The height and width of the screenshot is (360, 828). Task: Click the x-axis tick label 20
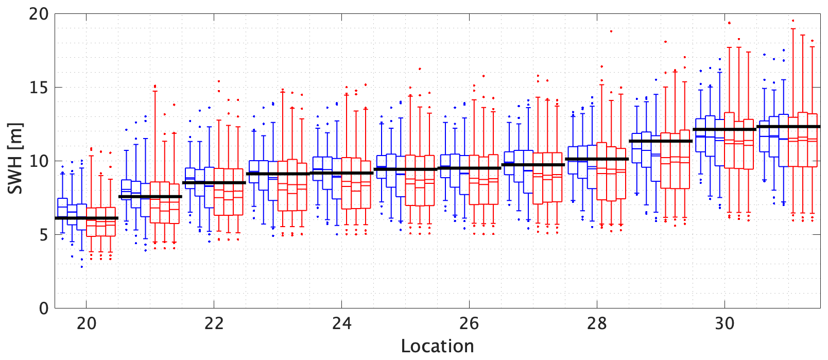click(x=87, y=324)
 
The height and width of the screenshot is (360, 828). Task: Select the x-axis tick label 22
click(x=214, y=324)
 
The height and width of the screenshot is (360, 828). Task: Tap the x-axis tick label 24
click(x=342, y=324)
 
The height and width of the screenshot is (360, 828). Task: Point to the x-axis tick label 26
click(x=469, y=324)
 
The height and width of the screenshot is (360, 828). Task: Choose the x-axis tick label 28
click(x=597, y=324)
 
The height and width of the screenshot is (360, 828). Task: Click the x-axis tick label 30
click(x=725, y=324)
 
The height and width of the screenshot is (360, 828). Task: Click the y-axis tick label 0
click(x=43, y=308)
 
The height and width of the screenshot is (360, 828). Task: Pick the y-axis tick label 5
click(x=43, y=235)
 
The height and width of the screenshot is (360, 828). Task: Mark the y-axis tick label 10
click(x=39, y=161)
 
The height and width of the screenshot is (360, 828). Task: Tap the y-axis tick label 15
click(x=39, y=88)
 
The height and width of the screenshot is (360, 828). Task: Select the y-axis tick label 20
click(x=39, y=14)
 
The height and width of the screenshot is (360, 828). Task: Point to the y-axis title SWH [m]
click(x=15, y=159)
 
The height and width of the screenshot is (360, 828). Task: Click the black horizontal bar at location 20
click(x=87, y=218)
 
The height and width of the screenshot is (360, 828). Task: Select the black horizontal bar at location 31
click(x=788, y=127)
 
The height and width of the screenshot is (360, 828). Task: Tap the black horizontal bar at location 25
click(x=405, y=169)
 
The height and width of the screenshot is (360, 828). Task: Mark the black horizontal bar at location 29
click(x=661, y=141)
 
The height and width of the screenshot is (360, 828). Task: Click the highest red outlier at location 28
click(x=611, y=31)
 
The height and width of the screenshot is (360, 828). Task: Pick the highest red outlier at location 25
click(x=420, y=68)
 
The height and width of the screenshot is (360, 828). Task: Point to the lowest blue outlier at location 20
click(x=81, y=267)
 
